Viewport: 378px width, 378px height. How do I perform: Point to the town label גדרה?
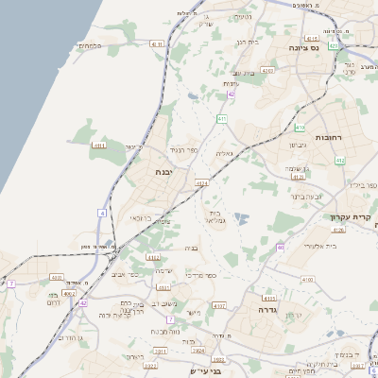tap(261, 308)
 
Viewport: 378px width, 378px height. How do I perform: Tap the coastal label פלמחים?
tap(90, 45)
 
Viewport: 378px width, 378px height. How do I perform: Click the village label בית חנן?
tap(246, 42)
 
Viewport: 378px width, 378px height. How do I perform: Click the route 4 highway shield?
tap(102, 213)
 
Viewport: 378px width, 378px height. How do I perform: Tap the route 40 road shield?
tap(280, 248)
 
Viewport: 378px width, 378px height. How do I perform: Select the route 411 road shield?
tap(221, 118)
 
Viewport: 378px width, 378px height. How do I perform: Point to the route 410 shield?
tap(300, 127)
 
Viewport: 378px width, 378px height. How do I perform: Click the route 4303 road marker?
tap(267, 70)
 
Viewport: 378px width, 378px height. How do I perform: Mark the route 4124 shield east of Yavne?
tap(201, 182)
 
